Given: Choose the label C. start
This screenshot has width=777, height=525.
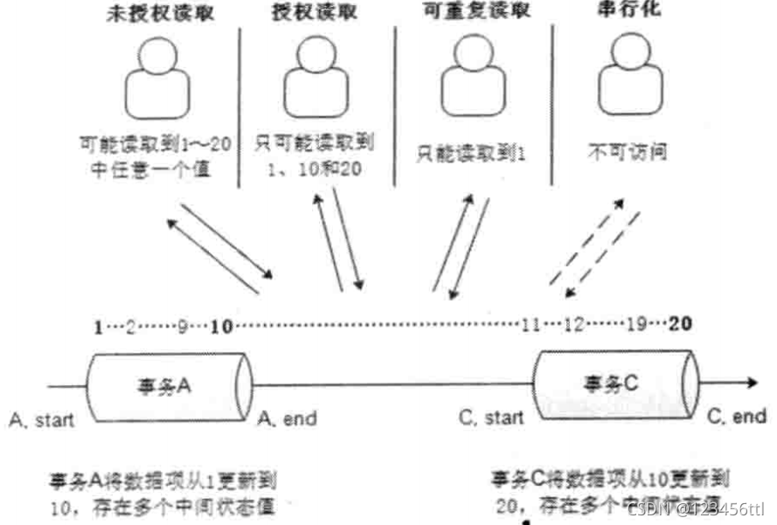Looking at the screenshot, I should coord(492,418).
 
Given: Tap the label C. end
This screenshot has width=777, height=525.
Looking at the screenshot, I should coord(736,418).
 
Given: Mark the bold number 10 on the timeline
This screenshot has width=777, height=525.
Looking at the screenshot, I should coord(221,327).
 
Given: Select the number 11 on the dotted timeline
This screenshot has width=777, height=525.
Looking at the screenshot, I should coord(530,327).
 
